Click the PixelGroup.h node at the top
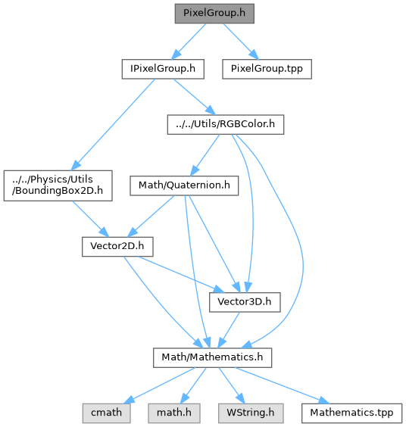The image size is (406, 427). (x=214, y=14)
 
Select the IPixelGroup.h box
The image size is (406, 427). (x=163, y=69)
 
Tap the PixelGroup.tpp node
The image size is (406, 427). (x=267, y=69)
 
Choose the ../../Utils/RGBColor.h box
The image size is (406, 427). (x=226, y=124)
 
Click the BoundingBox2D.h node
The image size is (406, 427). (x=58, y=185)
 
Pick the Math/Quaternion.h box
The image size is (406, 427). (x=184, y=185)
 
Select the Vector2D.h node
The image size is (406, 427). (x=117, y=247)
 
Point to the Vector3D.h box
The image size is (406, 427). (x=245, y=302)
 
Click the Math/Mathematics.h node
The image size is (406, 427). (x=212, y=357)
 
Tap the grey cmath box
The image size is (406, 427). (x=106, y=413)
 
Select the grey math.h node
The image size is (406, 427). (x=174, y=413)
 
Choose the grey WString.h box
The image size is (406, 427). (x=251, y=413)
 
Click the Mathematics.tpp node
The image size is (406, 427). (x=351, y=413)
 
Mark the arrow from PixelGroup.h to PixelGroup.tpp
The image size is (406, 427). (x=241, y=41)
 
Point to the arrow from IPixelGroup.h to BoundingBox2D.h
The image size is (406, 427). (x=113, y=124)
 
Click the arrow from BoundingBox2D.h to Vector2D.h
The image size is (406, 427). (x=90, y=219)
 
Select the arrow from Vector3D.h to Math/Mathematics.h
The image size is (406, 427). (x=229, y=330)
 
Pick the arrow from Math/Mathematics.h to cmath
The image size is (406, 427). (x=159, y=385)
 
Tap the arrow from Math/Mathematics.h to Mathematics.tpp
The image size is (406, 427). (x=283, y=385)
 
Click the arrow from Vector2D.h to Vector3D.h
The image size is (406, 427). (x=181, y=275)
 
